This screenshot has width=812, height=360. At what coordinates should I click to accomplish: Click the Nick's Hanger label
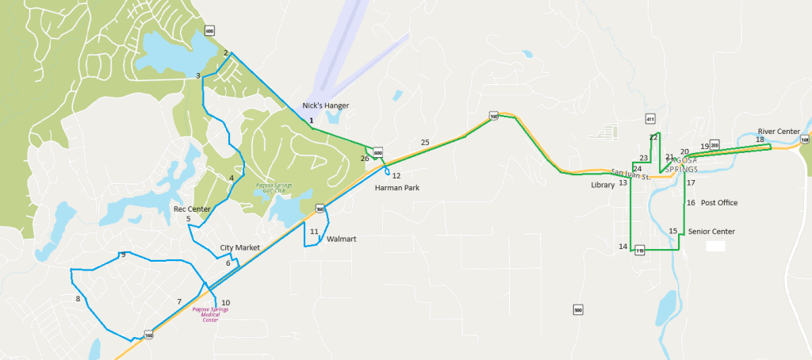pyautogui.click(x=325, y=105)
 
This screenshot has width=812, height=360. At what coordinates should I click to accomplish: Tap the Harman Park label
pyautogui.click(x=396, y=188)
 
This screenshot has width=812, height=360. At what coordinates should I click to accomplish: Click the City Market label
pyautogui.click(x=240, y=248)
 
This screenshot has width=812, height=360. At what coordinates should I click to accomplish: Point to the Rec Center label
pyautogui.click(x=192, y=209)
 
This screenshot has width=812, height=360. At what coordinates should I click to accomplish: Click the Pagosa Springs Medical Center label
pyautogui.click(x=210, y=314)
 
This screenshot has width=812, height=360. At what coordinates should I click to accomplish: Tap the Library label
pyautogui.click(x=603, y=185)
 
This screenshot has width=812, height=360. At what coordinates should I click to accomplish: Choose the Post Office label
pyautogui.click(x=719, y=203)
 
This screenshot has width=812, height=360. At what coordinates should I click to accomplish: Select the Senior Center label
pyautogui.click(x=711, y=232)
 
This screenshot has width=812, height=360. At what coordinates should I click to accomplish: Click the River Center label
pyautogui.click(x=778, y=132)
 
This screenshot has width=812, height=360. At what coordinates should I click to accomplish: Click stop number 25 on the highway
pyautogui.click(x=425, y=142)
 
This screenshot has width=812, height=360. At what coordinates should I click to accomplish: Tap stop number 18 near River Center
pyautogui.click(x=760, y=140)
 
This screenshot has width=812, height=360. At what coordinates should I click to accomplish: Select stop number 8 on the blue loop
pyautogui.click(x=78, y=299)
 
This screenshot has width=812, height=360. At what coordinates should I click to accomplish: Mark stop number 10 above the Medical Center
pyautogui.click(x=226, y=303)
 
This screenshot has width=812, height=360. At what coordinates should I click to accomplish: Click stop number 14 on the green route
pyautogui.click(x=622, y=247)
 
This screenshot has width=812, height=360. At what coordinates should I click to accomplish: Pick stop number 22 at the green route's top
pyautogui.click(x=653, y=137)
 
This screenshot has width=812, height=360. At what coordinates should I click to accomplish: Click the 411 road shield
pyautogui.click(x=650, y=119)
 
